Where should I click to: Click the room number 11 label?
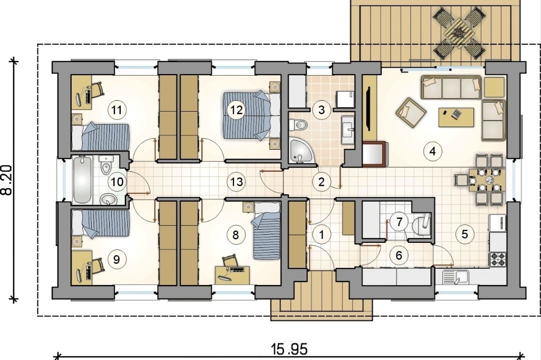tap(117, 110)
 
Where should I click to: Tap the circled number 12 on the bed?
tap(236, 110)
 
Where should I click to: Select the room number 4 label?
tap(433, 151)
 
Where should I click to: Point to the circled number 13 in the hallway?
tap(236, 181)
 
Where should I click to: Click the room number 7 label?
tap(399, 222)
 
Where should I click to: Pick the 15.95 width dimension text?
tap(289, 349)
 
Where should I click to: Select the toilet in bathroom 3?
tap(298, 125)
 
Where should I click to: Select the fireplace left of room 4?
tap(375, 154)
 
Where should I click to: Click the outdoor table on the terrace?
tap(458, 33)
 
